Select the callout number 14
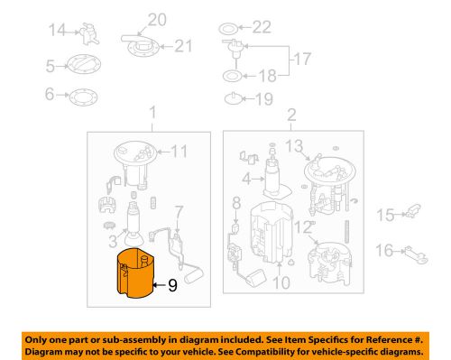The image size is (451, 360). click(57, 31)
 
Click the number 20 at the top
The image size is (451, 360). click(157, 19)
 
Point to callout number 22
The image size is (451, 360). click(262, 26)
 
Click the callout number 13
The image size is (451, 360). click(292, 146)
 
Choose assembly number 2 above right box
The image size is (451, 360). click(291, 115)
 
